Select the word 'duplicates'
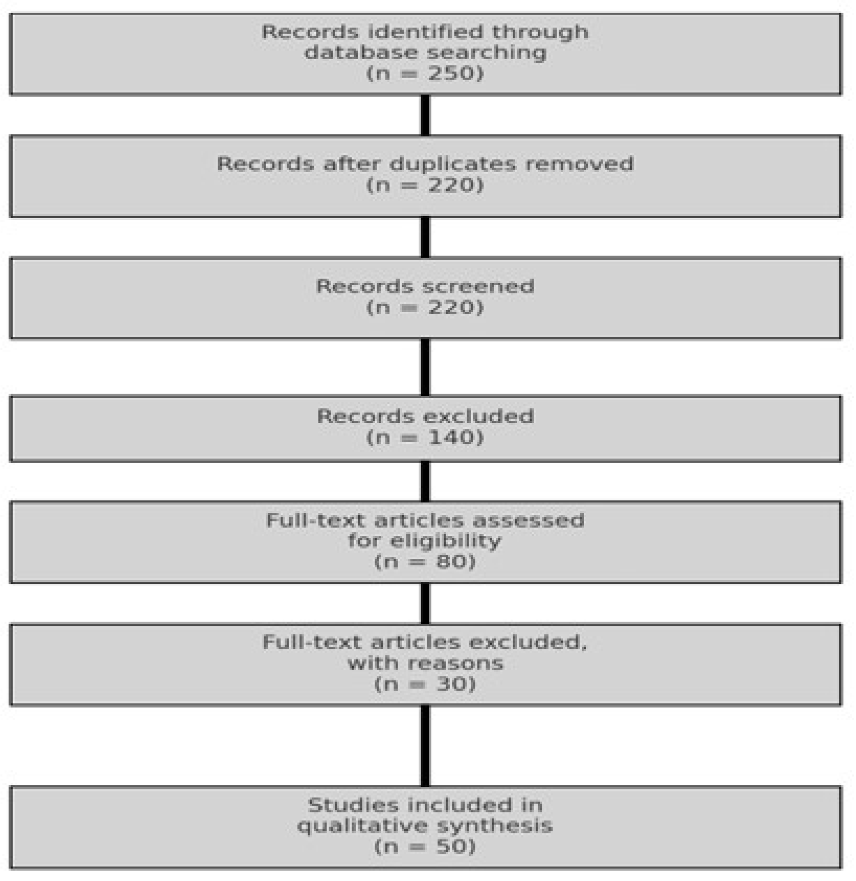(454, 164)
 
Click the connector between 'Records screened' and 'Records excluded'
(426, 367)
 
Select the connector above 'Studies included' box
(426, 746)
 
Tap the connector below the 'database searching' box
(426, 115)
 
